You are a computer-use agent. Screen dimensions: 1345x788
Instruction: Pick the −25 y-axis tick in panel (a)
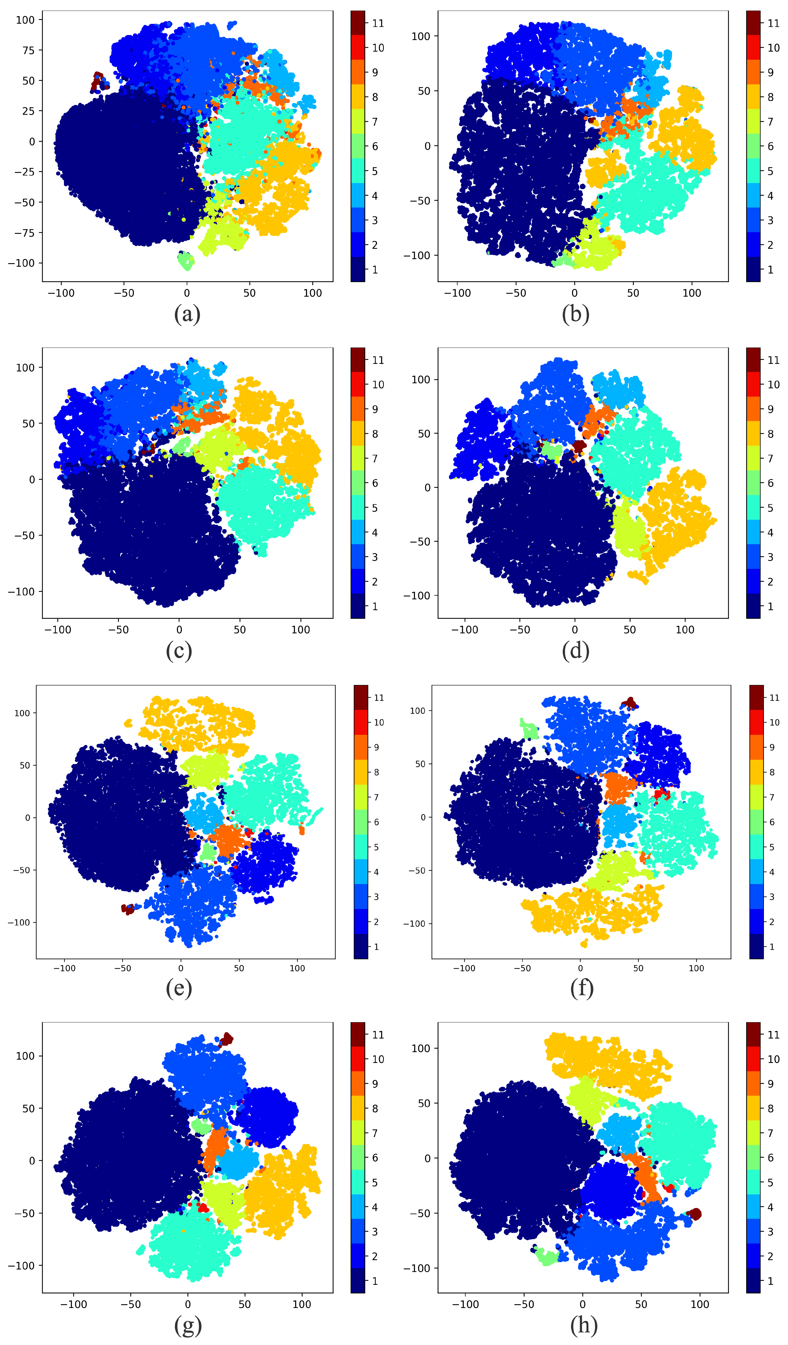(21, 172)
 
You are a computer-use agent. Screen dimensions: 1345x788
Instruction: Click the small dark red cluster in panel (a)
(98, 81)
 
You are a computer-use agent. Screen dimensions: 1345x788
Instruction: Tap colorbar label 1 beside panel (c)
(375, 606)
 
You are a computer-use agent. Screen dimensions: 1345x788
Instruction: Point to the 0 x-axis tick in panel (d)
(575, 630)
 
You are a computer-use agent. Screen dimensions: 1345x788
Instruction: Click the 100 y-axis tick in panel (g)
(25, 1056)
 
